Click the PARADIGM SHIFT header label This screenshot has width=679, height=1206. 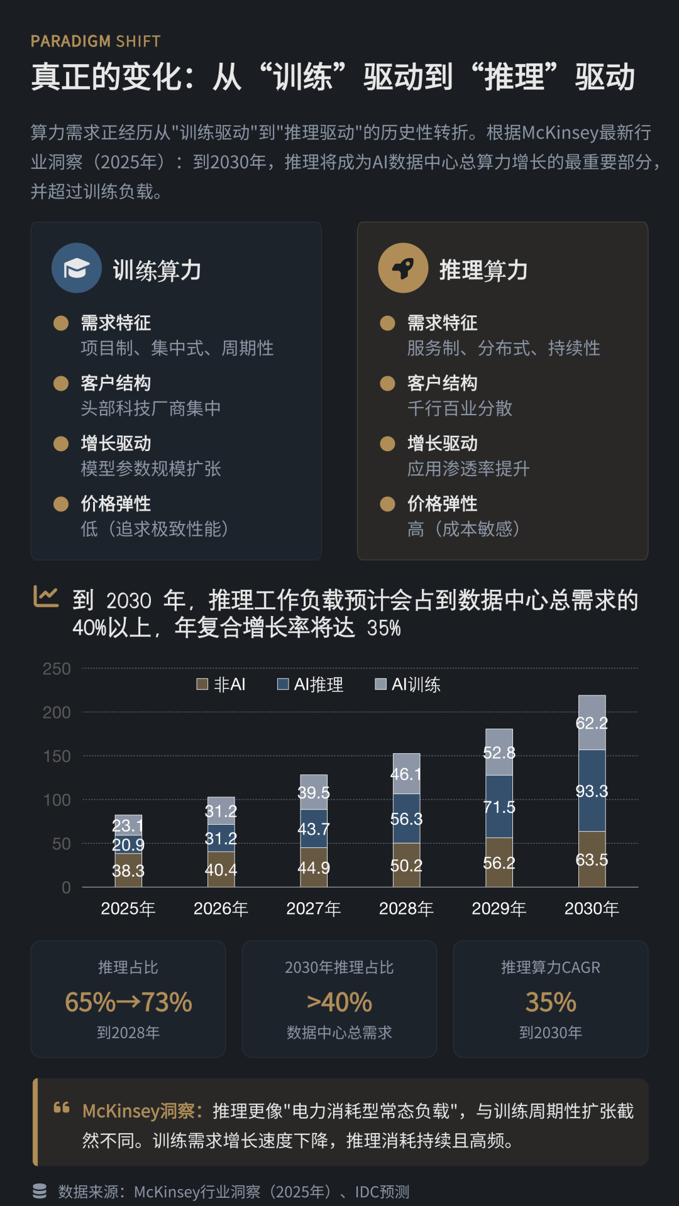(x=96, y=41)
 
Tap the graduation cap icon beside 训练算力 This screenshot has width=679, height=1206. (x=77, y=268)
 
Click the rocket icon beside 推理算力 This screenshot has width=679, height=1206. (x=403, y=268)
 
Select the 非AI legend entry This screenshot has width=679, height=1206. (x=221, y=684)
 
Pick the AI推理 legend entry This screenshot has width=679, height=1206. (x=311, y=684)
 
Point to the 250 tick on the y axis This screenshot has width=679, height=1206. (x=57, y=669)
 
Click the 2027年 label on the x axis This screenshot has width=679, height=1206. (x=314, y=908)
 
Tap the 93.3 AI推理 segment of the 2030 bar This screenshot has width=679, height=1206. (x=592, y=791)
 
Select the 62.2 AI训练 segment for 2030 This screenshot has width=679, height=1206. (x=592, y=723)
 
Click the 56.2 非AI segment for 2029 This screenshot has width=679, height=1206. (x=499, y=863)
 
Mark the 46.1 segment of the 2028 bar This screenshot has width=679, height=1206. (x=406, y=774)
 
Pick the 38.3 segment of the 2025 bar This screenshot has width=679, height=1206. (x=128, y=871)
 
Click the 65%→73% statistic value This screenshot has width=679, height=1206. (x=128, y=1002)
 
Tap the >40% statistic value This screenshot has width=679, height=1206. (x=339, y=1002)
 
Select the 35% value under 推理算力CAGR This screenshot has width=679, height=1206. (x=551, y=1002)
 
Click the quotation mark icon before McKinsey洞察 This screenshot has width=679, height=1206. (x=62, y=1107)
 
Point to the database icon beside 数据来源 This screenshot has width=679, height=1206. (x=40, y=1191)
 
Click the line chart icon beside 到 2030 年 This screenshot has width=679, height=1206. (x=46, y=597)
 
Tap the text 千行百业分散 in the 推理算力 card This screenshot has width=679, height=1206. (x=460, y=408)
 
